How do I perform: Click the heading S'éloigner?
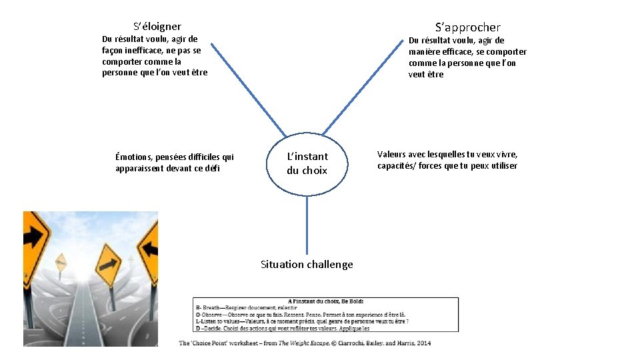coord(157,27)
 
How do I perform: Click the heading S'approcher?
coord(467,27)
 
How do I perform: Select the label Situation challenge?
coord(307,265)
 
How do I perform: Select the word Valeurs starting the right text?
coord(393,155)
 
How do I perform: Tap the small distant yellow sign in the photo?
coord(61,262)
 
